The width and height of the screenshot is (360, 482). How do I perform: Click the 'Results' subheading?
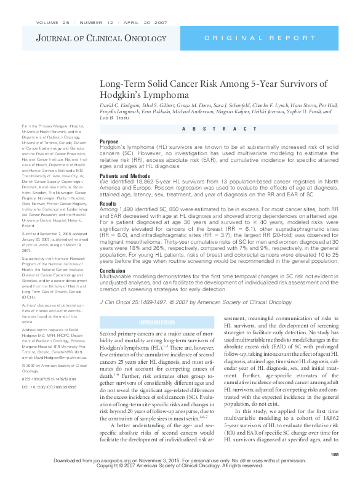tap(108, 203)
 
